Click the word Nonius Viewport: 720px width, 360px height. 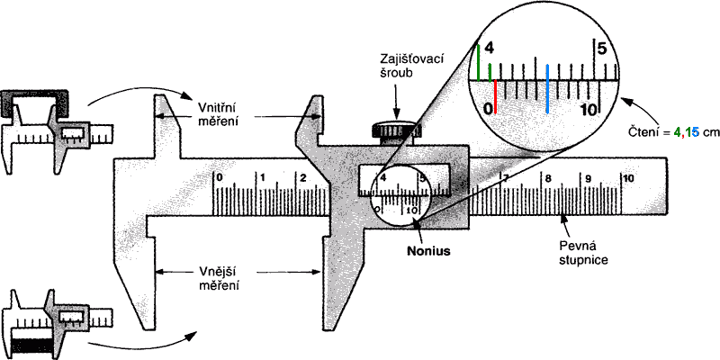(x=428, y=251)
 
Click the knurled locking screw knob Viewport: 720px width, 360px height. (x=396, y=132)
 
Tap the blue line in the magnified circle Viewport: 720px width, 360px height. (x=547, y=88)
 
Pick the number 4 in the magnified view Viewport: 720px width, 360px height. (x=490, y=48)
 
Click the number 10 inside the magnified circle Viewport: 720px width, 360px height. (x=589, y=109)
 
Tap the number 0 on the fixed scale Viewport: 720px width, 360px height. (x=220, y=177)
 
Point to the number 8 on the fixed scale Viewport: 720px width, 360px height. (x=548, y=178)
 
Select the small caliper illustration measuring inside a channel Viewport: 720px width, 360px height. (x=58, y=130)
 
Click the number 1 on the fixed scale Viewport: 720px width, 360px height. (x=262, y=177)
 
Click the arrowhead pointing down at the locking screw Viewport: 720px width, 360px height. (x=396, y=116)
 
